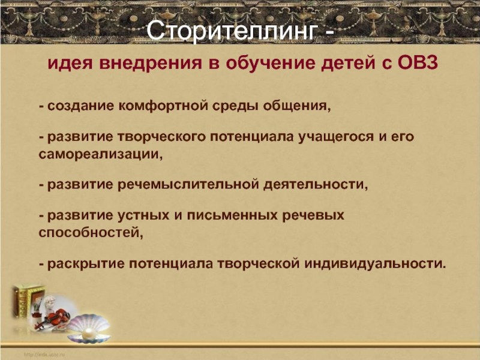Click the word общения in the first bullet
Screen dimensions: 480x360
click(297, 106)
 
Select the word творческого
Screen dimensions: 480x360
click(161, 137)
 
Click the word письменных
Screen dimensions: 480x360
click(232, 215)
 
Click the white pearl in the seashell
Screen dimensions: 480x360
click(88, 334)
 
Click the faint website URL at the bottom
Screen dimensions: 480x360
click(44, 355)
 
